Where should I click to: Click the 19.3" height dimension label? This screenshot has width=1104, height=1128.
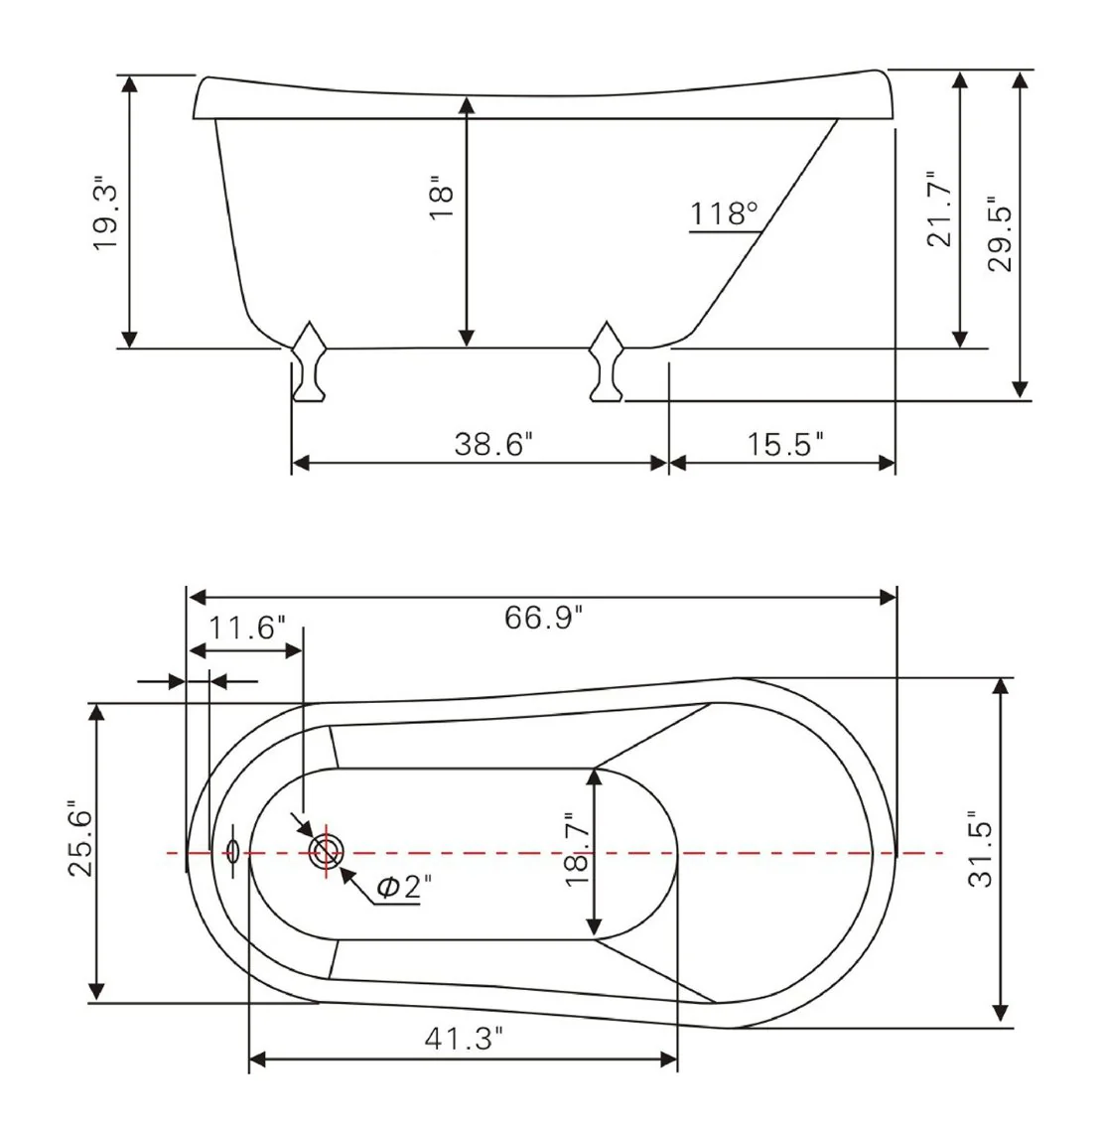tap(105, 212)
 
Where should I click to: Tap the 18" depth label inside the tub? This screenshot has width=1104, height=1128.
tap(442, 197)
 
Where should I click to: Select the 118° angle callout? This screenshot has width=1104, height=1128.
tap(724, 212)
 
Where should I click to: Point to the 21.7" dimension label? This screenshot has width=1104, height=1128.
tap(939, 210)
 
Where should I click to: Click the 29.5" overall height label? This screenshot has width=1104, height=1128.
tap(1000, 233)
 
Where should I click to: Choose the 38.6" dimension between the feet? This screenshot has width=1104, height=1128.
tap(494, 444)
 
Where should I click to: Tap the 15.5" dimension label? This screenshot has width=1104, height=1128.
tap(784, 444)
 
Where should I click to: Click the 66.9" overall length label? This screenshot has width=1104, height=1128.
tap(543, 618)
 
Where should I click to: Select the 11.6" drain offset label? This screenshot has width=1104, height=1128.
tap(246, 628)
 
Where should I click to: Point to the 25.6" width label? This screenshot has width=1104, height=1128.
tap(80, 838)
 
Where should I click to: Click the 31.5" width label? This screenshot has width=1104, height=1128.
tap(980, 849)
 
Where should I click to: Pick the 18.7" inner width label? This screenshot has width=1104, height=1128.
tap(577, 849)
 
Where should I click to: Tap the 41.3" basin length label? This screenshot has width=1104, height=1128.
tap(464, 1038)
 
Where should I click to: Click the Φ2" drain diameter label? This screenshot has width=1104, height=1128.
tap(404, 887)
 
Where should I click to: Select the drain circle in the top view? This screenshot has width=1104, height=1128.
tap(326, 853)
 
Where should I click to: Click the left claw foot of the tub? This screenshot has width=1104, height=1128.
tap(309, 361)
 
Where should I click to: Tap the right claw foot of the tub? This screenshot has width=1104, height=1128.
tap(607, 361)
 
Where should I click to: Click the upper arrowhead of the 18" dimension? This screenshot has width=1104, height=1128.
tap(467, 105)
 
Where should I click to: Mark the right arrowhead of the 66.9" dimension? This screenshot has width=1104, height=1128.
tap(888, 597)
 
